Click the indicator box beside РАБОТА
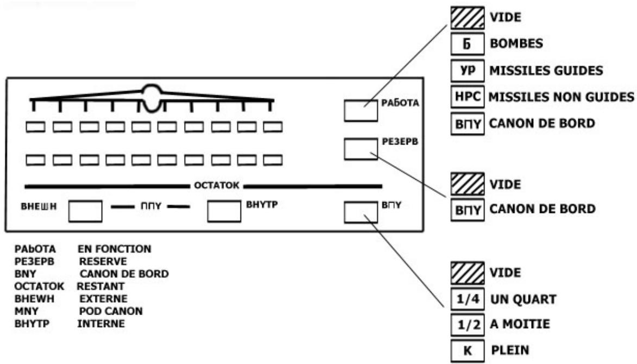[361, 110]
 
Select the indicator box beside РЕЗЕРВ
[361, 149]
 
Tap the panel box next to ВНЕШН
[85, 211]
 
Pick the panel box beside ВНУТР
[224, 211]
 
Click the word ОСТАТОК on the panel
[217, 186]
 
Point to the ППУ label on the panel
[151, 206]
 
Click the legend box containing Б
[467, 44]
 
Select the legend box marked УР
[467, 70]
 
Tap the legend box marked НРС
[467, 97]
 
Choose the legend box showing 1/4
[468, 299]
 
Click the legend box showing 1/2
[468, 324]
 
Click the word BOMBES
[516, 43]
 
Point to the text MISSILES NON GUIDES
[561, 97]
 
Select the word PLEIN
[510, 350]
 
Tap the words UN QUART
[524, 299]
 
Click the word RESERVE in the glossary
[103, 261]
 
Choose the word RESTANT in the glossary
[100, 286]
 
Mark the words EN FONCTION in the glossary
[114, 249]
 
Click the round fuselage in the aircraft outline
[152, 98]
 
